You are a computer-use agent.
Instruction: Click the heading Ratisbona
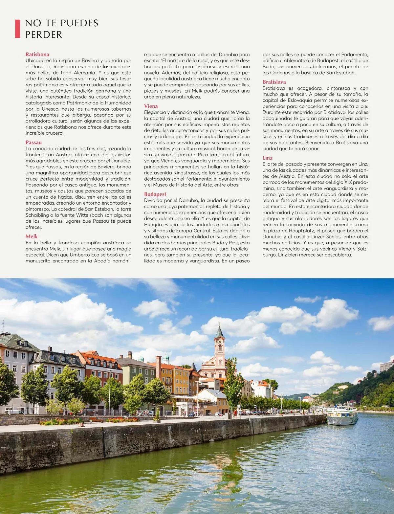coord(37,55)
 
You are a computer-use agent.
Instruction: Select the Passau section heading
coord(34,143)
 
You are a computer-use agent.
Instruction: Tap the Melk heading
coord(32,236)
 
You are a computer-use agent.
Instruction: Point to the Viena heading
coord(151,106)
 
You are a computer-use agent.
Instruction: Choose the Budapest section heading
coord(155,194)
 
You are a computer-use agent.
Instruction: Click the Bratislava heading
coord(274,82)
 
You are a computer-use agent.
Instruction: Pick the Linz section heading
coord(268,158)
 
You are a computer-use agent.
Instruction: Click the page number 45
coord(365,499)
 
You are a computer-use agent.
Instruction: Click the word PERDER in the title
coord(44,34)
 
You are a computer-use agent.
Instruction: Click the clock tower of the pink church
coord(219,343)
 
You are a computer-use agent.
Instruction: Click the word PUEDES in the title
coord(80,23)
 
